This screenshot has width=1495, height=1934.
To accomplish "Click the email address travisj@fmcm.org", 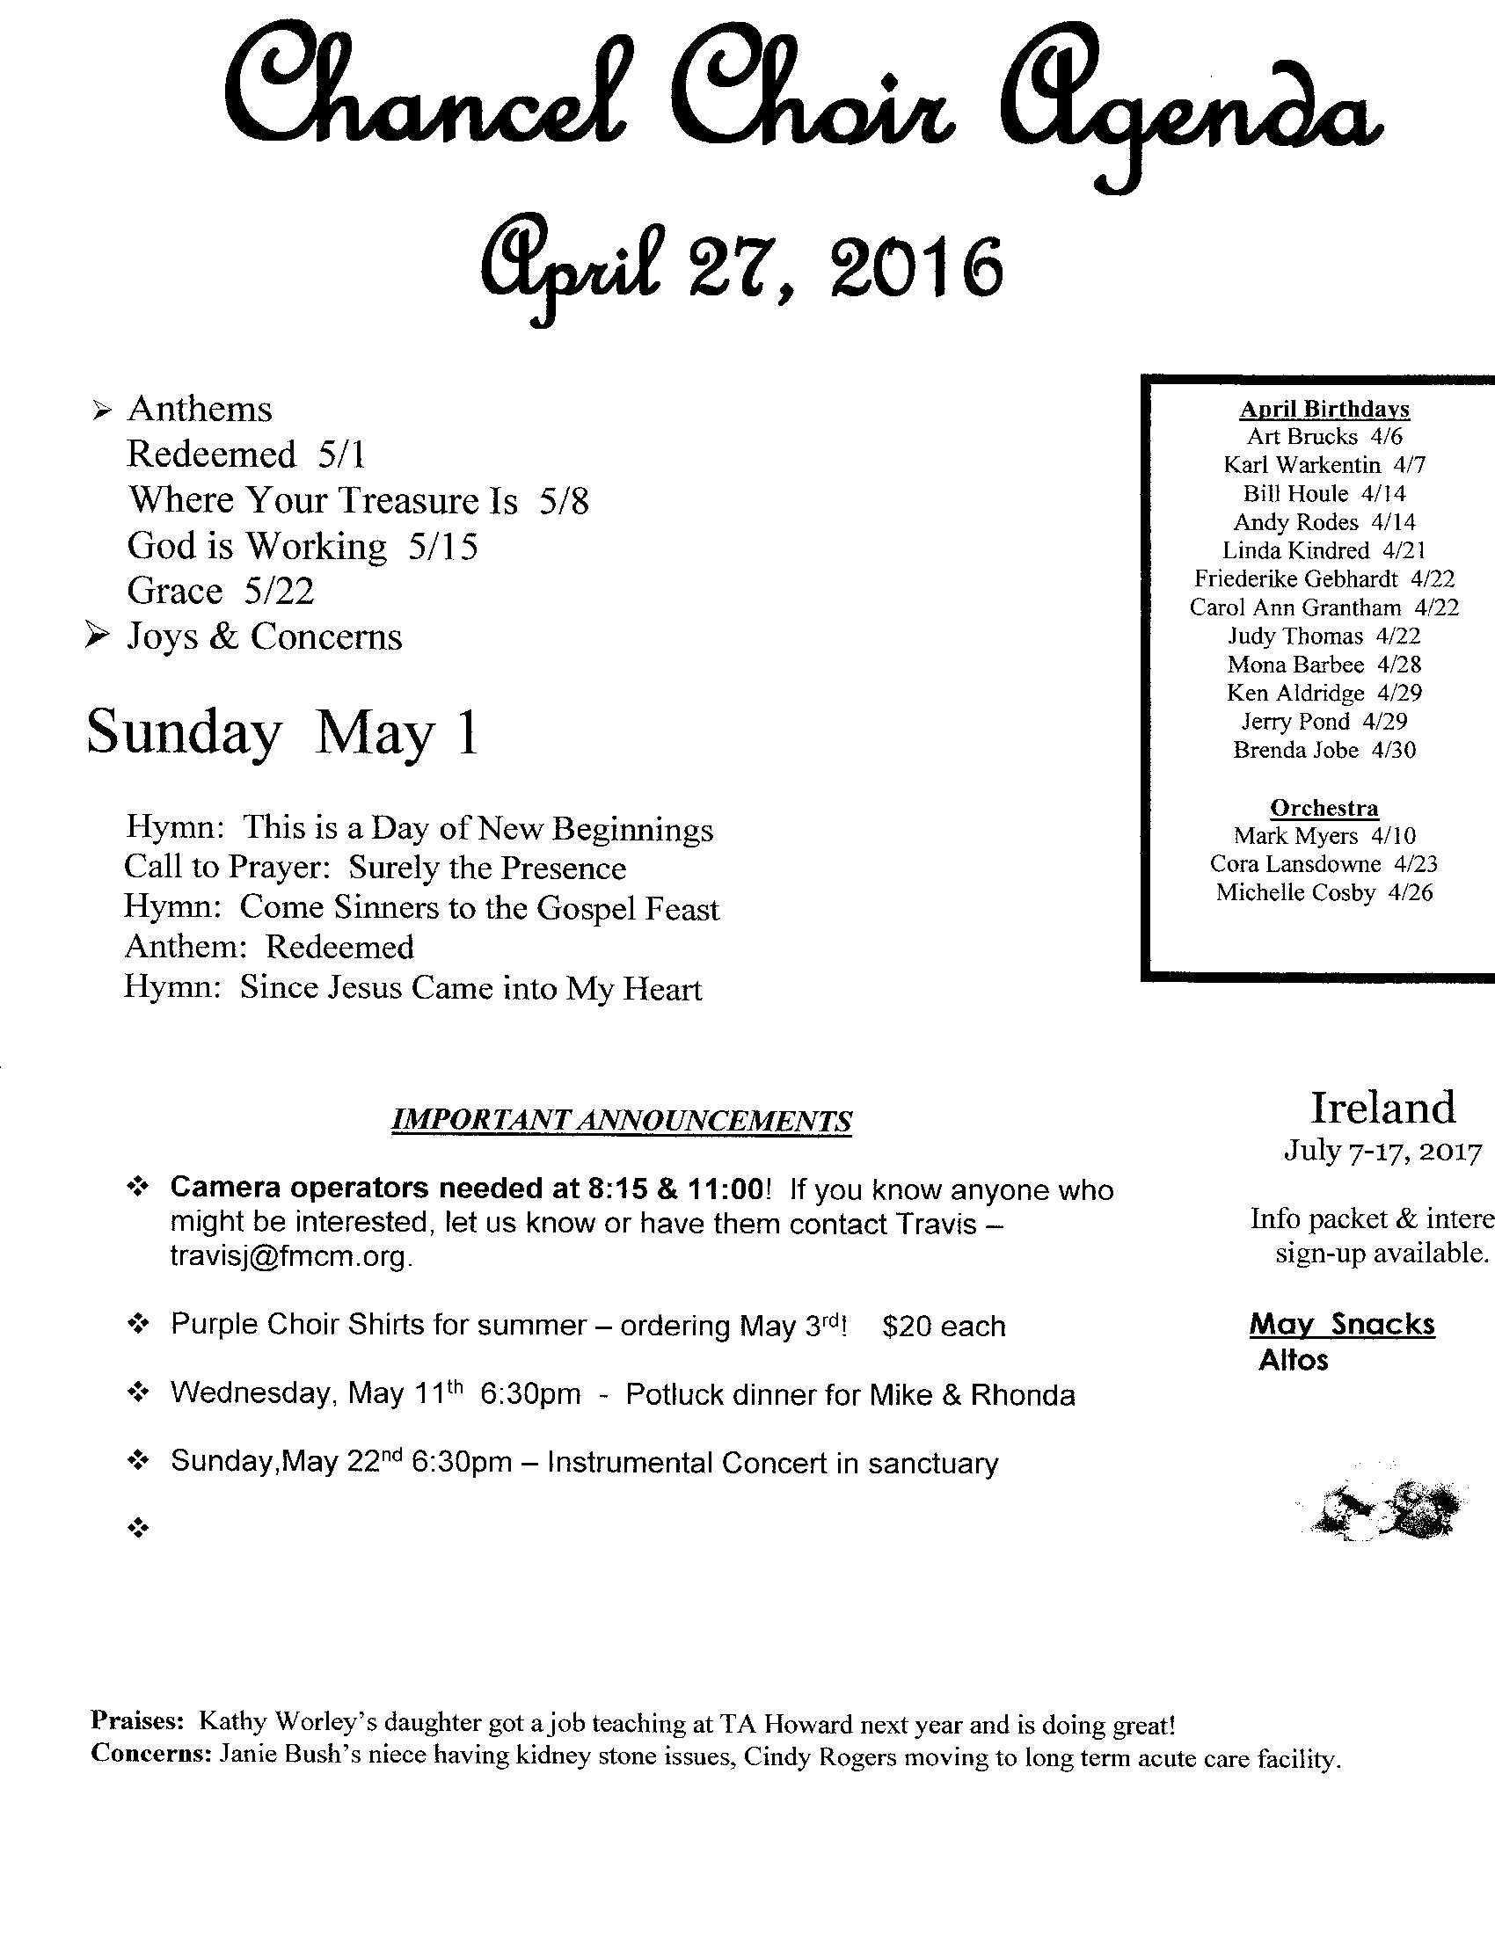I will click(290, 1256).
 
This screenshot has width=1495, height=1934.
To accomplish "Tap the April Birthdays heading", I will click(1324, 408).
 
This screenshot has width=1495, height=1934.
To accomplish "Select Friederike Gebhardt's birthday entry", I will click(1324, 579).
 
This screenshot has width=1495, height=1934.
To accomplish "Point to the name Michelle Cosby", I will click(1294, 892).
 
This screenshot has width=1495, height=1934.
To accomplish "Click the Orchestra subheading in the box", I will click(1324, 808).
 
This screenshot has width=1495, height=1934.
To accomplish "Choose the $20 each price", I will click(944, 1327).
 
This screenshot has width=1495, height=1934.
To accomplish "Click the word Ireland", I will click(1382, 1108).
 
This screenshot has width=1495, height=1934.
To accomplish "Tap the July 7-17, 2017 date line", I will click(1382, 1151).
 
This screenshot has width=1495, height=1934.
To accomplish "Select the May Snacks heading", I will click(1342, 1325).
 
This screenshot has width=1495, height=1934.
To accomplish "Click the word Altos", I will click(1293, 1360).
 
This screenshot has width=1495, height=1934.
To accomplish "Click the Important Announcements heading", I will click(621, 1120).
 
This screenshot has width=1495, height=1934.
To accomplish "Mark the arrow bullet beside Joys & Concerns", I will click(97, 636).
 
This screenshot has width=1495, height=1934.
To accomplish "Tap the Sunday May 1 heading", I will click(281, 733).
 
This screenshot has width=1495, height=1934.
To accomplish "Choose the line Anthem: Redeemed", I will click(269, 948).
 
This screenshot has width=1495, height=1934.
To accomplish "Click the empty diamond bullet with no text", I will click(137, 1529).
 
